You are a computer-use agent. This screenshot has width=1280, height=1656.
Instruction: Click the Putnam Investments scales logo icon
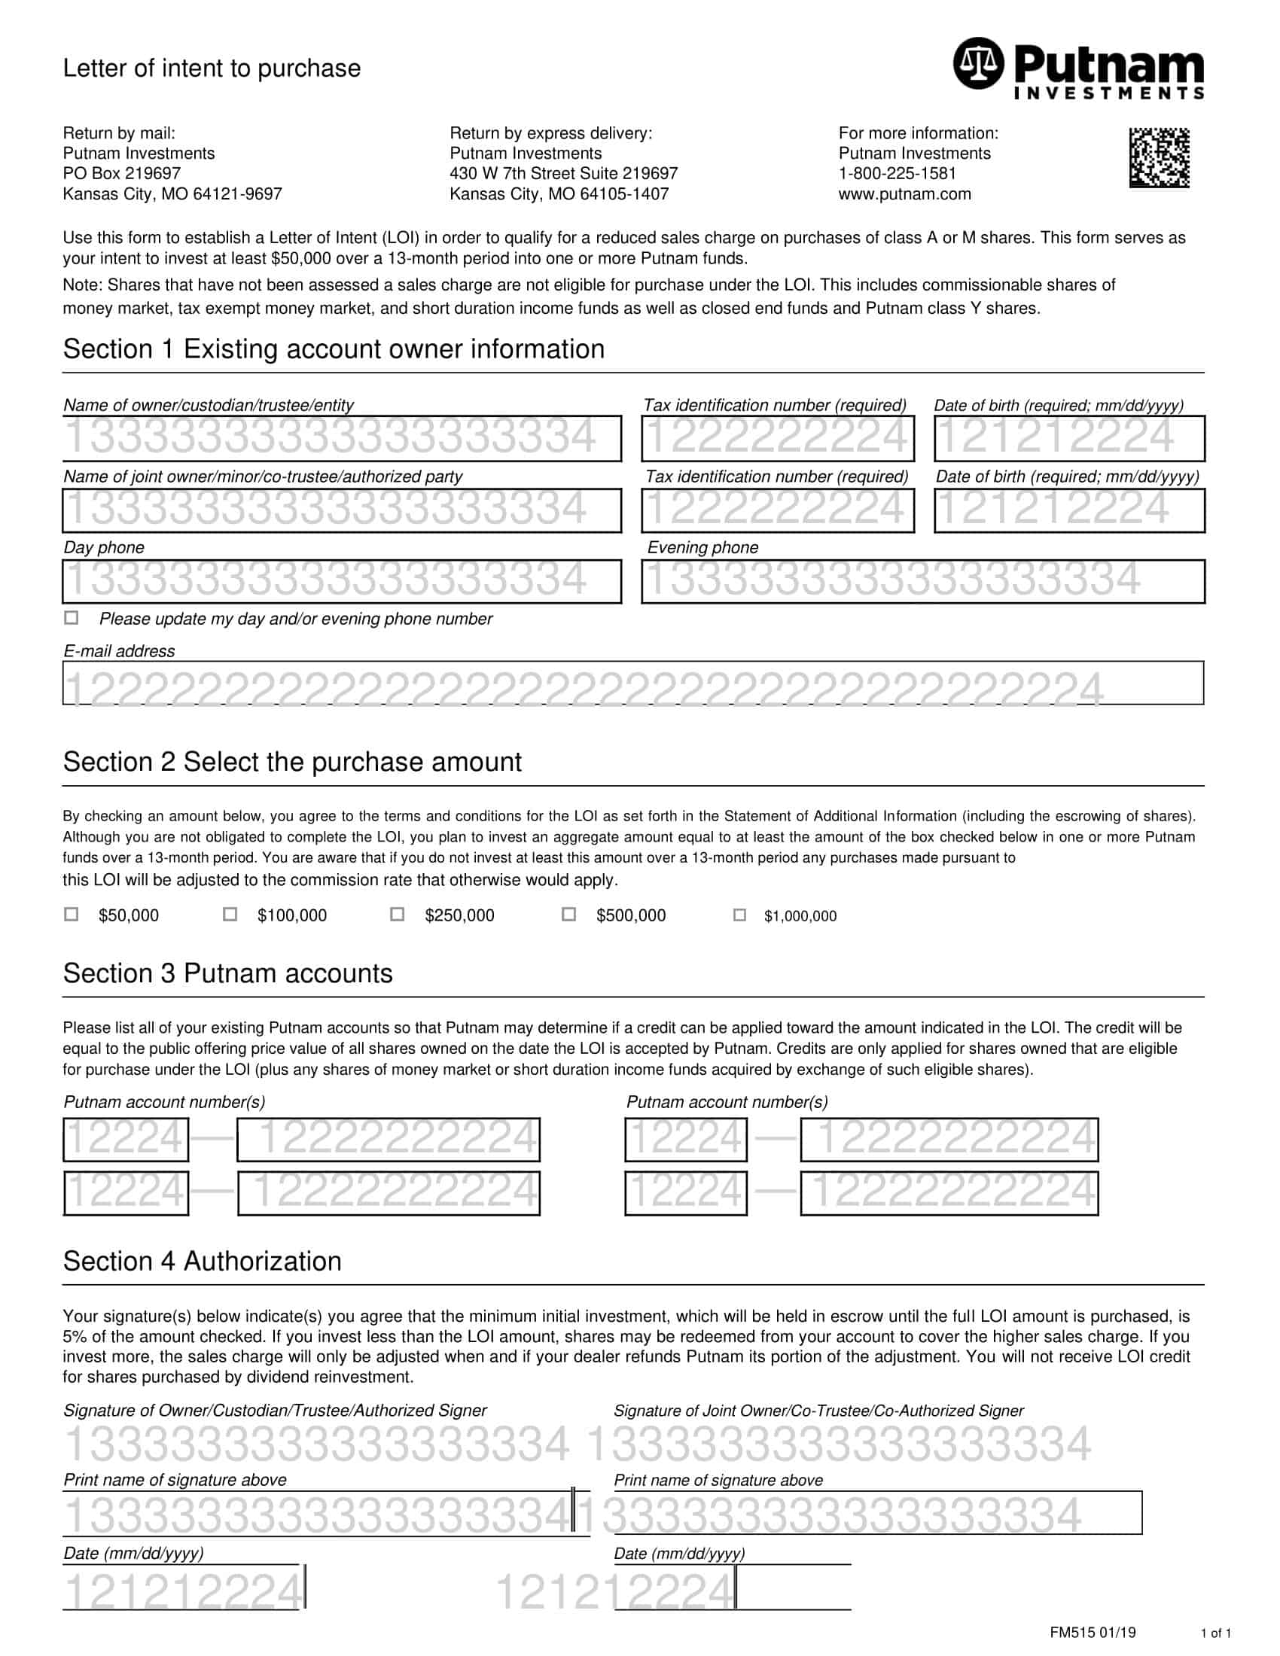(978, 63)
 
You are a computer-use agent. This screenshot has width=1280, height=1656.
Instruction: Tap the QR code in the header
(1159, 158)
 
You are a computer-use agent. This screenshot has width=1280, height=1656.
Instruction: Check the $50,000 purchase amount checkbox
(72, 914)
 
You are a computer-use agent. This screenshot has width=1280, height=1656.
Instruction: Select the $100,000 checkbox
(230, 914)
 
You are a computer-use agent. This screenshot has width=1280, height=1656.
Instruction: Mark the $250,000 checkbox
(397, 914)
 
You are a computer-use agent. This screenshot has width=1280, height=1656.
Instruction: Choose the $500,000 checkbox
(568, 914)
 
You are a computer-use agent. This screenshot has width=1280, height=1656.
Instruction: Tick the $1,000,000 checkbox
(739, 915)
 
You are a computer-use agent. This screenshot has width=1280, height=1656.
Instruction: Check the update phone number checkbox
(72, 617)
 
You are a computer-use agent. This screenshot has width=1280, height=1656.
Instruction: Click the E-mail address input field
(632, 683)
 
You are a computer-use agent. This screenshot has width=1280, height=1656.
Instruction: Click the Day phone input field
(341, 582)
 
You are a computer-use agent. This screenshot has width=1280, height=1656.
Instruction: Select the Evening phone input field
(922, 582)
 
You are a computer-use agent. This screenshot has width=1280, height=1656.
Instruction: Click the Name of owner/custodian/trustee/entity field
(341, 438)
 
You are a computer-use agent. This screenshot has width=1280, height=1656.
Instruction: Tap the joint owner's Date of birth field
(1068, 510)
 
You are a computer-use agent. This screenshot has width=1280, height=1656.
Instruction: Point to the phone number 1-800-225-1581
(897, 174)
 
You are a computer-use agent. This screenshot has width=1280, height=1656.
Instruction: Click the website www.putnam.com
(904, 194)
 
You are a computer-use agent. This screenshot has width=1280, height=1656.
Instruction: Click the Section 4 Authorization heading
(202, 1261)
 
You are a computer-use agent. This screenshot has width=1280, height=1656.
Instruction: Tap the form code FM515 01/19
(1092, 1633)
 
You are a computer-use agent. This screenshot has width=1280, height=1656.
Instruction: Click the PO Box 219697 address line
(121, 174)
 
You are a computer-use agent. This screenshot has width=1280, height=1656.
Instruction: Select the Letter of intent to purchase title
(212, 68)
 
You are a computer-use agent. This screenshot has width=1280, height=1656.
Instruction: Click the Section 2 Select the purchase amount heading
(292, 762)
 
